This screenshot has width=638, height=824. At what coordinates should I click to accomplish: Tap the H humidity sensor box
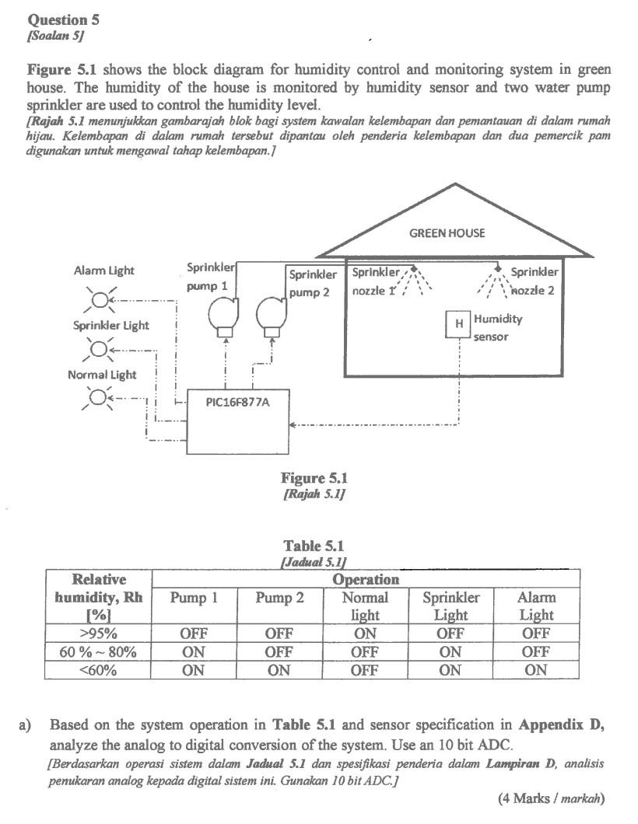click(x=458, y=324)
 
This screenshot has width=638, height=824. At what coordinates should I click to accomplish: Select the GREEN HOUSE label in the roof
click(x=447, y=233)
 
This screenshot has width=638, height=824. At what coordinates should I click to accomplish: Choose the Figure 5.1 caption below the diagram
click(x=314, y=478)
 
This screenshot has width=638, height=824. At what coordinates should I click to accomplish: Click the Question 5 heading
click(x=63, y=19)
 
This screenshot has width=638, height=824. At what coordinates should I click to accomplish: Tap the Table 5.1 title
click(x=314, y=546)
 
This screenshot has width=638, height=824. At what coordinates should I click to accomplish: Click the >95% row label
click(x=99, y=633)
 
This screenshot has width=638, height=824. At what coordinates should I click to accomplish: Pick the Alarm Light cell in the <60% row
click(x=536, y=670)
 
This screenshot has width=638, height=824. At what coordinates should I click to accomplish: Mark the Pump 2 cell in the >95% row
click(x=279, y=633)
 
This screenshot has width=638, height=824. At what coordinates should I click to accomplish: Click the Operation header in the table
click(x=365, y=579)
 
